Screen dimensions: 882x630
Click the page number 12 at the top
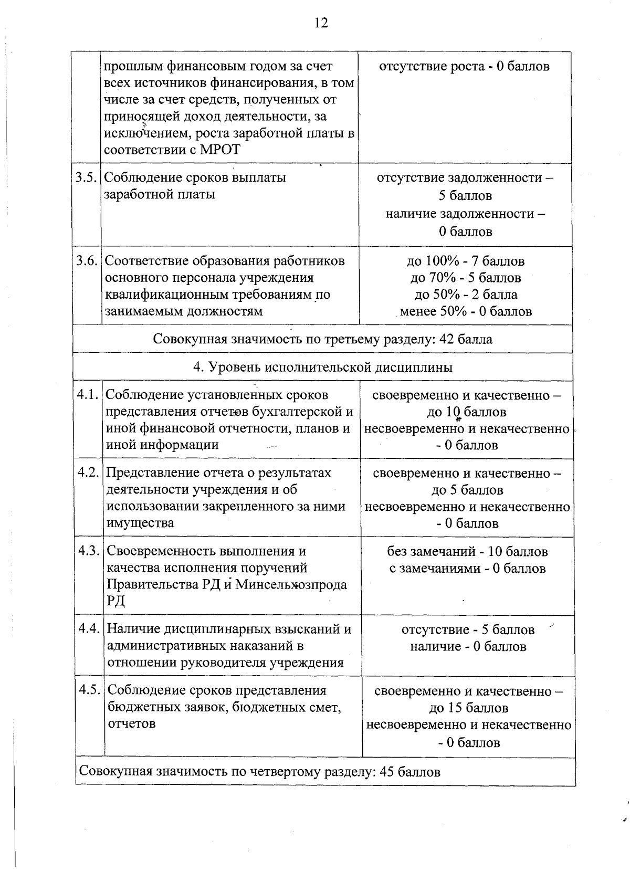[321, 23]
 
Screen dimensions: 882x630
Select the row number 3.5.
[86, 177]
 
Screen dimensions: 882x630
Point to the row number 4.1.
[88, 395]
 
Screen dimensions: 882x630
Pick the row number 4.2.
[88, 472]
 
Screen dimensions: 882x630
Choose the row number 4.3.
[89, 551]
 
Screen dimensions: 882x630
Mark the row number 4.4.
[89, 628]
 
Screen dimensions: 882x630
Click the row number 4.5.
[90, 690]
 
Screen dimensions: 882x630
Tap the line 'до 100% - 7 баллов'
[465, 261]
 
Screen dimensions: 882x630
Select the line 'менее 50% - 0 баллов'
[466, 311]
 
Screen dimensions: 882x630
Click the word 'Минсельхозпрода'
[291, 584]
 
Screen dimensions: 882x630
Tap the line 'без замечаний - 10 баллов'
[467, 551]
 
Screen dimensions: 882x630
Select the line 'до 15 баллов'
[468, 708]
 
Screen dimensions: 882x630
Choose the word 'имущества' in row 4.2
[140, 523]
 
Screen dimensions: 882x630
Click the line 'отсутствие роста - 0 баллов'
[464, 67]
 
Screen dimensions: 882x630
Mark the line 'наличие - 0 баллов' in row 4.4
[468, 646]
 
